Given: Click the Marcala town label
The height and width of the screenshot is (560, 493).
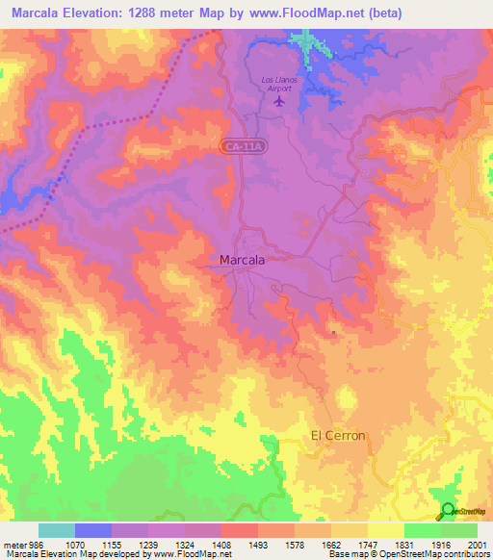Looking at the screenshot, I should pyautogui.click(x=243, y=260).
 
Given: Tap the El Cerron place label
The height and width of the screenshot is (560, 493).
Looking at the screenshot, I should pyautogui.click(x=338, y=436).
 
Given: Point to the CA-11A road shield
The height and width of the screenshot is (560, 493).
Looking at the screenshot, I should pyautogui.click(x=239, y=146).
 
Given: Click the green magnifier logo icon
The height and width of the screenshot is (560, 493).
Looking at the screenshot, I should pyautogui.click(x=447, y=511).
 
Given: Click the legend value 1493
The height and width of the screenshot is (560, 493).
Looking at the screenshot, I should pyautogui.click(x=258, y=544).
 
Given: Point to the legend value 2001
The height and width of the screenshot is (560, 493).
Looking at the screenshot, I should pyautogui.click(x=476, y=544).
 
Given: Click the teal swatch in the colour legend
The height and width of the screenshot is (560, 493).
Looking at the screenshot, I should pyautogui.click(x=57, y=530).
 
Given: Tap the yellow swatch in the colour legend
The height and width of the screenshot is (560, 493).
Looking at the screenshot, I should pyautogui.click(x=386, y=530).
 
